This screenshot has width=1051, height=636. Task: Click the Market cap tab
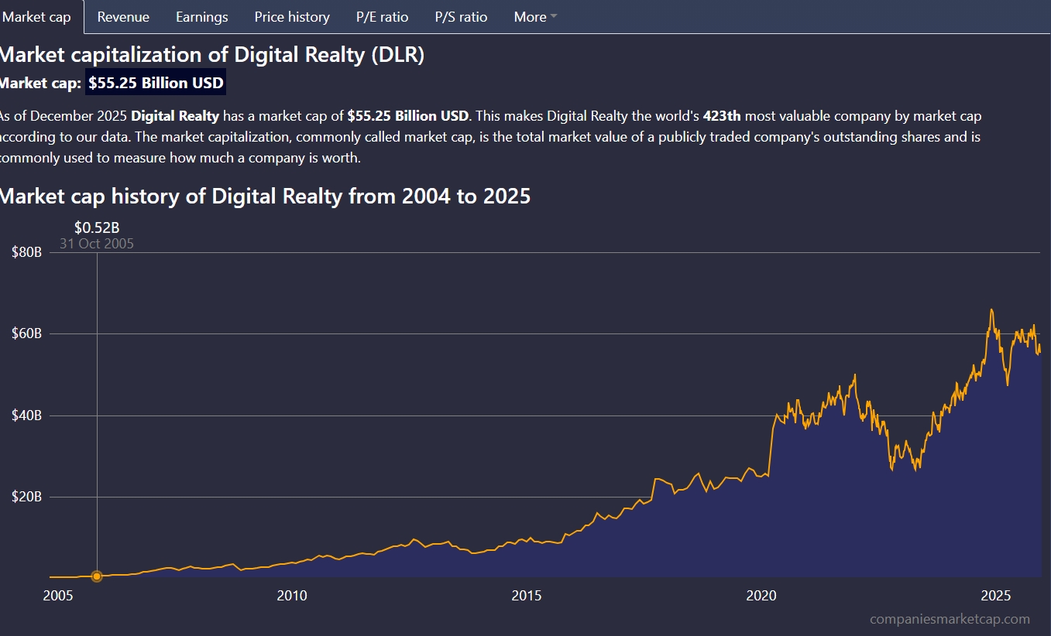(37, 17)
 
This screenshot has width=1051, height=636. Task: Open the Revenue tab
(123, 17)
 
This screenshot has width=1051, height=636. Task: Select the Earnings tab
(201, 17)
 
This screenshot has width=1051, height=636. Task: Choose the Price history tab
(292, 17)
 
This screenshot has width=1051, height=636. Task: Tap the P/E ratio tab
(382, 17)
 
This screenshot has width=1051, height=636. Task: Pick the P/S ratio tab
(461, 17)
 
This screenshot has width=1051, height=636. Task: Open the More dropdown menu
(535, 17)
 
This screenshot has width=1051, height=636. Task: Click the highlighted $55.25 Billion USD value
(156, 84)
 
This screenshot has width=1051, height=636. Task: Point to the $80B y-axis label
(26, 252)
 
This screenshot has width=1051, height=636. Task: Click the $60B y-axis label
(26, 334)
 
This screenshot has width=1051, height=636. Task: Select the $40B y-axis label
(26, 415)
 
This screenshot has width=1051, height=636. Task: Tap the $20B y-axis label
(26, 497)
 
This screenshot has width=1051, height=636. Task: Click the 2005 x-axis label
(57, 596)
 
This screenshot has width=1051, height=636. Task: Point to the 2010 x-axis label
(291, 596)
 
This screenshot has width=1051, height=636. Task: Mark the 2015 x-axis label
(527, 596)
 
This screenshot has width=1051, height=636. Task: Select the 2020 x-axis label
(761, 596)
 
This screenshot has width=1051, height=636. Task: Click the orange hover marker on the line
(97, 576)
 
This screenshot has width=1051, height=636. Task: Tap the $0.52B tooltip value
(97, 227)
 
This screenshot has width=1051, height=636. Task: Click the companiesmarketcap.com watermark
(950, 619)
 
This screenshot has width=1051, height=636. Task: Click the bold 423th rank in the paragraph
(722, 117)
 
